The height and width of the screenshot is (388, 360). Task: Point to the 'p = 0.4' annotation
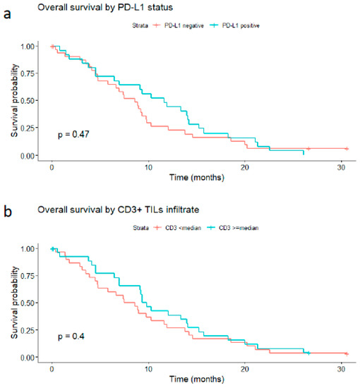pos(71,337)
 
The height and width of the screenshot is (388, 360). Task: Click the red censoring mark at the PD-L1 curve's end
pos(346,149)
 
